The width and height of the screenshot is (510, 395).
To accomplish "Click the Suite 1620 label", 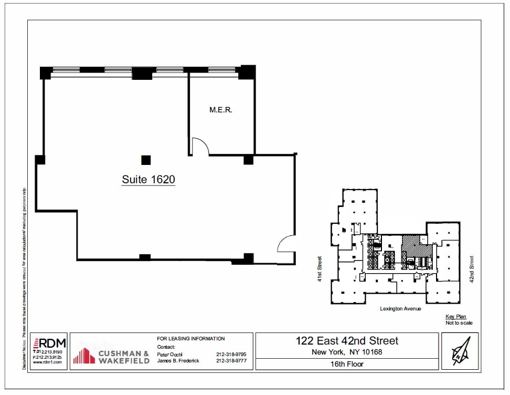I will point(148,180).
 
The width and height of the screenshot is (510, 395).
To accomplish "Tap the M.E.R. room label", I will point(220,110).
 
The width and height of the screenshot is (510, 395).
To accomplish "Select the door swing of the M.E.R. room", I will point(199,147).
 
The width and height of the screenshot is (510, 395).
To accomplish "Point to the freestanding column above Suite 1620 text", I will point(146,160).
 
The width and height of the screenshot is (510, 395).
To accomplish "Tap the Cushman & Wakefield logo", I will point(111,356).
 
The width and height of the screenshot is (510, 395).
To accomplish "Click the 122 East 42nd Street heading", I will point(347,341).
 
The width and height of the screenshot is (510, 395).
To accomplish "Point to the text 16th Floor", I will point(347,364).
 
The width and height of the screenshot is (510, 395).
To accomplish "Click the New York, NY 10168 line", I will point(347,352).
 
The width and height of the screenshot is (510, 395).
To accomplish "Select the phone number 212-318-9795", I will point(231,355).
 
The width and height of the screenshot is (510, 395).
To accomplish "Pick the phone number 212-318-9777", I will point(231,361).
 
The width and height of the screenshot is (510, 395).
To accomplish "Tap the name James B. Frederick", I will point(178,361).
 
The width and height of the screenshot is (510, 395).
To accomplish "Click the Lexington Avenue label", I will point(400,309).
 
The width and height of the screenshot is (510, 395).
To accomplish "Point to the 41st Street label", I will point(320,269).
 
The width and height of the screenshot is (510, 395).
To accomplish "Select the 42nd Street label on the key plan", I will point(472,269).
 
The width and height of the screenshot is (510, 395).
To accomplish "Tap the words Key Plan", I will point(455,317).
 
